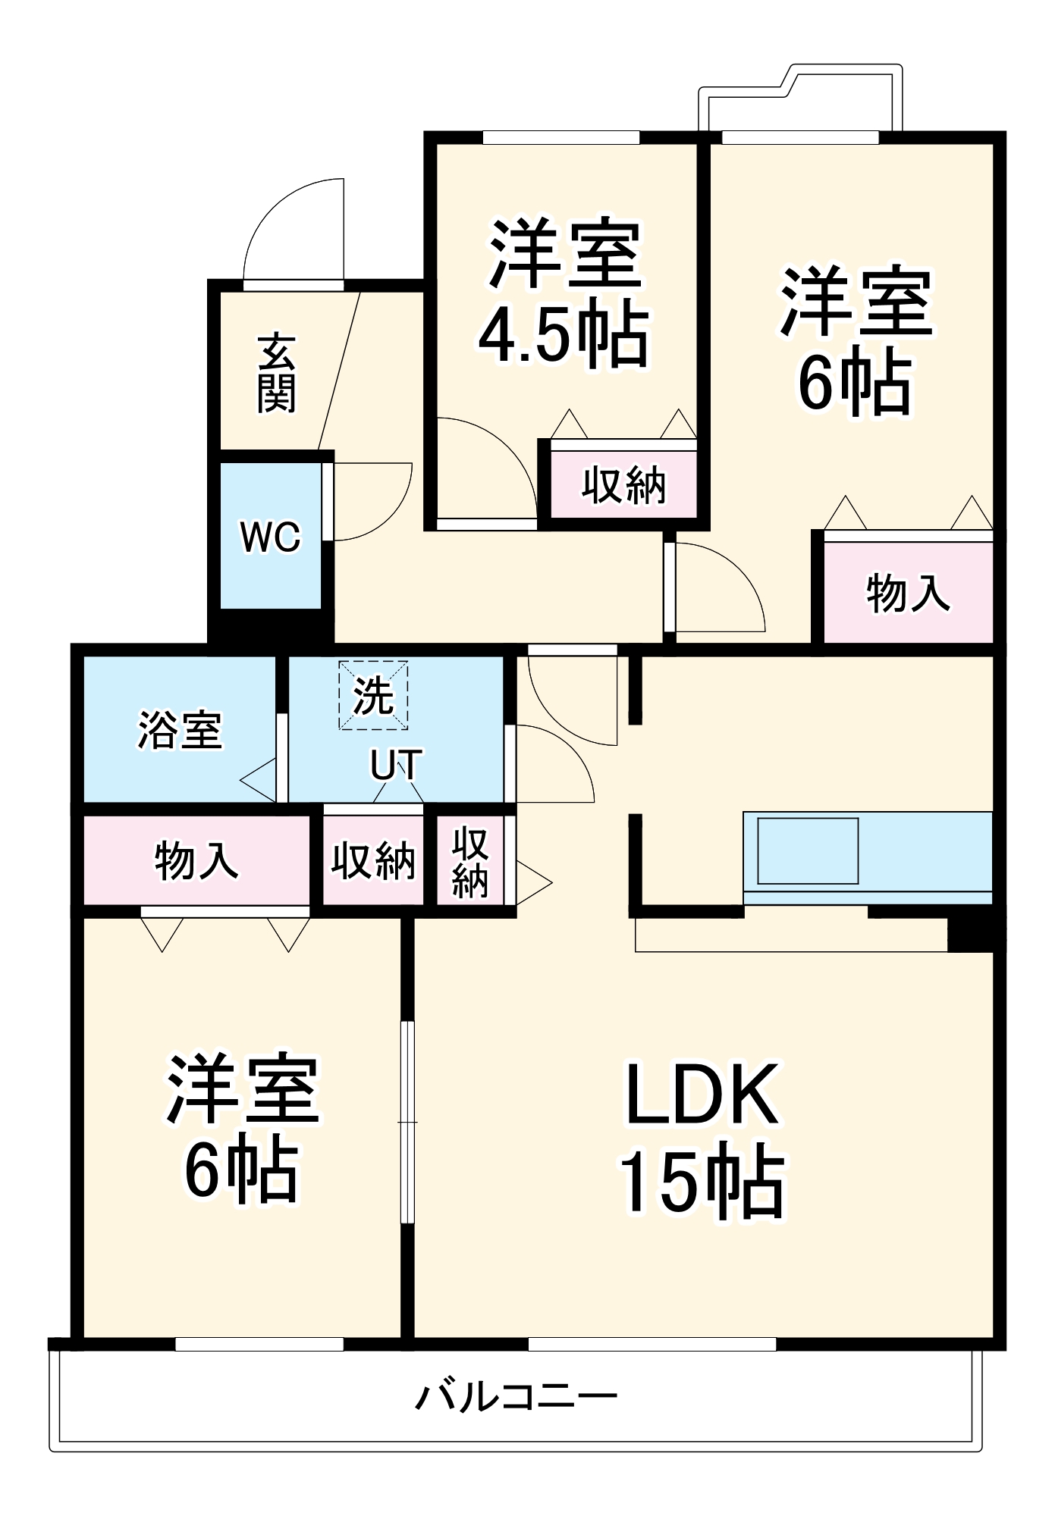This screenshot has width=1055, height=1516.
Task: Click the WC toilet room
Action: point(270,536)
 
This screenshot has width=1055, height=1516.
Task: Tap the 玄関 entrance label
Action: point(276,373)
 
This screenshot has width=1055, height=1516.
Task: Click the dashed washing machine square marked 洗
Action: point(373,695)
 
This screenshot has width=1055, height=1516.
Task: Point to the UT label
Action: point(396,766)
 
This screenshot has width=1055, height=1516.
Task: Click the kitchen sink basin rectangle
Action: point(807,850)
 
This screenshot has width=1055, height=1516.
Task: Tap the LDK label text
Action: point(701,1094)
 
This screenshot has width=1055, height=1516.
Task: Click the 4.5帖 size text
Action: point(564,335)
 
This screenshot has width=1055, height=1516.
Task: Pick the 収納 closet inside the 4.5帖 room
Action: point(623,485)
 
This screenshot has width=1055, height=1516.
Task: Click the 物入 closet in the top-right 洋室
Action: point(908,593)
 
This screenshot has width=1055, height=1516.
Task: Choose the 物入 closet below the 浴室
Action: point(196,861)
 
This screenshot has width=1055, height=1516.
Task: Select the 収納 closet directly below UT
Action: point(373,861)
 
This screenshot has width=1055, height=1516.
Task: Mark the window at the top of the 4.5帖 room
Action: point(561,138)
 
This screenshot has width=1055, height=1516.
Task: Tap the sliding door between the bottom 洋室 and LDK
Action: point(408,1122)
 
